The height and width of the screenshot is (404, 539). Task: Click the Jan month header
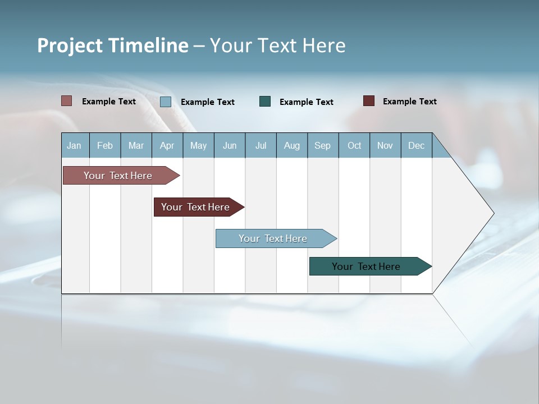(75, 145)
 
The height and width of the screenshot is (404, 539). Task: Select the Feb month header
(105, 145)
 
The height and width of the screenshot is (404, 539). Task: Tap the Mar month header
(136, 145)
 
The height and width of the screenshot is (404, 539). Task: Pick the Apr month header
(167, 145)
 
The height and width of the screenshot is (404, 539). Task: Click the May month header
(198, 145)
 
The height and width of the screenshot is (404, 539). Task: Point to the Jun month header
(230, 145)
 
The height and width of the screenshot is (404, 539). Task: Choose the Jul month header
(261, 145)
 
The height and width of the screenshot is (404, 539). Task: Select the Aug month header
(292, 145)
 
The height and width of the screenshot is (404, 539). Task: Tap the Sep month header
(323, 145)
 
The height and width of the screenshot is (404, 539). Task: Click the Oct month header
(354, 145)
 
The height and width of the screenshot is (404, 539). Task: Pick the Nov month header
(385, 145)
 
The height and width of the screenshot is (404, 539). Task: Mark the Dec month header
(417, 145)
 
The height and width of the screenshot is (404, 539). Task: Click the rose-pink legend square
(67, 101)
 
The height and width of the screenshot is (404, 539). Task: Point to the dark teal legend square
(265, 101)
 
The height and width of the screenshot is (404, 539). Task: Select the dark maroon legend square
(369, 101)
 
